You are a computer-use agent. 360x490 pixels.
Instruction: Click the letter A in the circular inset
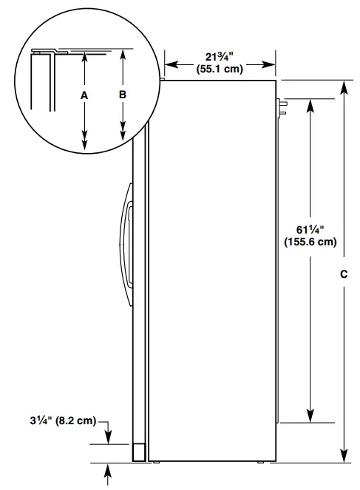[84, 96]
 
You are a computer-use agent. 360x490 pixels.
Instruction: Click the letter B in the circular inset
[122, 95]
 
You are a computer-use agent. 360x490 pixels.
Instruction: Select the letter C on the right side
[343, 274]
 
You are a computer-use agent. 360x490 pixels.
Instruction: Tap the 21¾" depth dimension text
[220, 58]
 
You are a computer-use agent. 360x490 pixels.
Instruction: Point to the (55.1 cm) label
[220, 71]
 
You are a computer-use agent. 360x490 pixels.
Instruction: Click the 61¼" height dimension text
[310, 228]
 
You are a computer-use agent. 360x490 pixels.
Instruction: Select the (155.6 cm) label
[310, 241]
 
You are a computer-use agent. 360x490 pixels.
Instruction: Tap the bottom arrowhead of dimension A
[84, 140]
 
